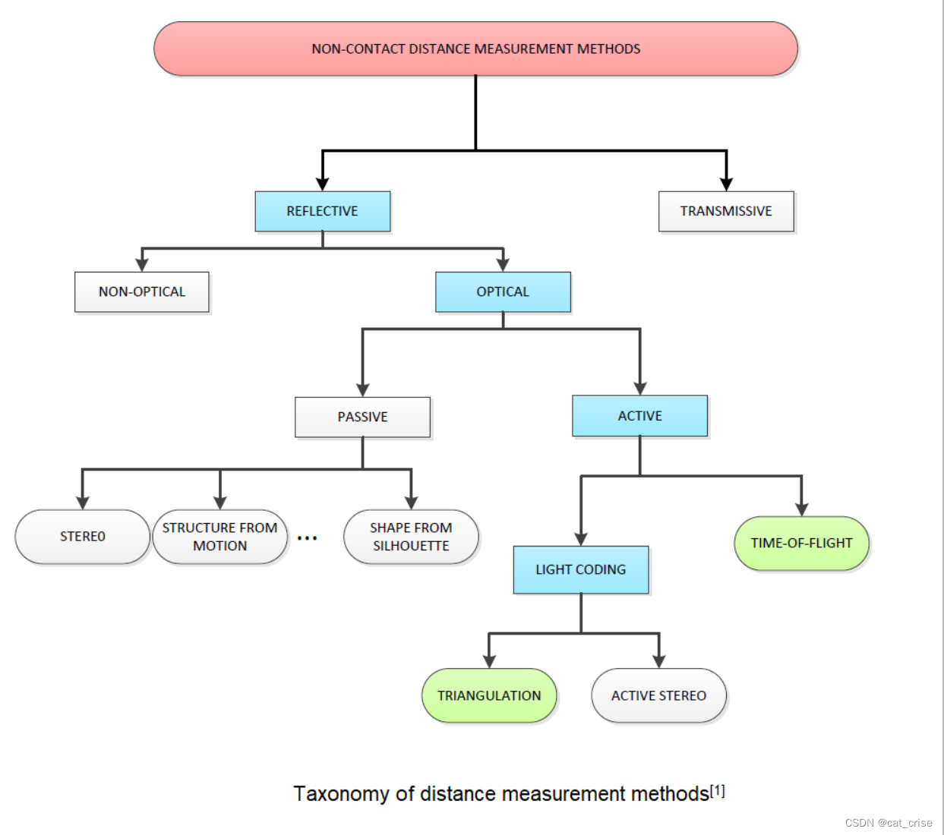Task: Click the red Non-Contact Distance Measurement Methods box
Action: [475, 49]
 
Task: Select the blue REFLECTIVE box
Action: [322, 211]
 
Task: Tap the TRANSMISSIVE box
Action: [725, 211]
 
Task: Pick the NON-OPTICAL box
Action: [142, 291]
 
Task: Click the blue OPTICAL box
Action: [503, 291]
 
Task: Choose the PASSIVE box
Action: [362, 417]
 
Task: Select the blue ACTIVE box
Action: [639, 416]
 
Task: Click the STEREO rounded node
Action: [83, 537]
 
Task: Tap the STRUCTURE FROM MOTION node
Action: [219, 537]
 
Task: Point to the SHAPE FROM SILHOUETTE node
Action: [411, 537]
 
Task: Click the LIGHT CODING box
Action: [581, 569]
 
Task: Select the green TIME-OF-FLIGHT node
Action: [801, 543]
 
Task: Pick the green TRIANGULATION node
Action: [489, 695]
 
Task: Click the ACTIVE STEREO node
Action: [658, 695]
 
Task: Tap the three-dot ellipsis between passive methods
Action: [307, 538]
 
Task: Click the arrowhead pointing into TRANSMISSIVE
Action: [726, 184]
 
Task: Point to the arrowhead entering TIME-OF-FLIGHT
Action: [801, 509]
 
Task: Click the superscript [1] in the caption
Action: [718, 791]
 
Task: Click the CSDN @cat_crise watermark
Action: [888, 823]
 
